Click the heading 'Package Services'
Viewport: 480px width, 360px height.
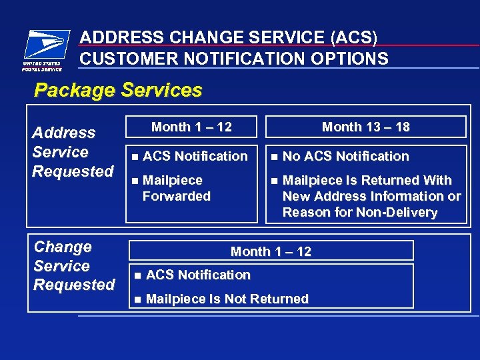(x=118, y=90)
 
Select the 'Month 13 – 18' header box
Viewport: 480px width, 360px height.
(x=365, y=127)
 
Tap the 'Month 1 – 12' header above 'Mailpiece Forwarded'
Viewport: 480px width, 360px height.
(x=191, y=127)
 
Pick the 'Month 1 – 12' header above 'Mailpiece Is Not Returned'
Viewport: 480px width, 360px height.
(x=271, y=251)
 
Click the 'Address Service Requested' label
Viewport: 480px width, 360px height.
(x=73, y=152)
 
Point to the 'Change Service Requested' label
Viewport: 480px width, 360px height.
(x=73, y=265)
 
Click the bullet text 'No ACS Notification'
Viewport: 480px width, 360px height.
(x=345, y=156)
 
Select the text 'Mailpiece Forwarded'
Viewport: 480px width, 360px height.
(x=176, y=188)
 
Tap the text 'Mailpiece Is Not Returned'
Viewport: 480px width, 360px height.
(x=227, y=299)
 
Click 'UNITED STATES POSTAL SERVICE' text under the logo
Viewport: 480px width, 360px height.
(x=42, y=67)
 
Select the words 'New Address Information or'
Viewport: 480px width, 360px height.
(x=371, y=196)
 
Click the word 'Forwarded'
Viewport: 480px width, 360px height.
(x=176, y=196)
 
